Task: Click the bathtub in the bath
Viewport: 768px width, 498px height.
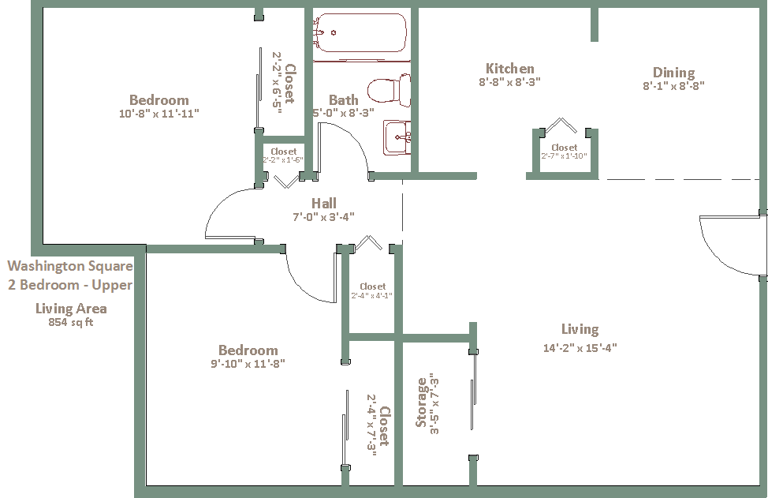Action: point(360,32)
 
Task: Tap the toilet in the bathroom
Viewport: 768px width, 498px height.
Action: point(389,90)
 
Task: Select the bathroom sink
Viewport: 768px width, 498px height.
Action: point(397,137)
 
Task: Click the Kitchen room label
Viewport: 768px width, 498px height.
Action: point(509,68)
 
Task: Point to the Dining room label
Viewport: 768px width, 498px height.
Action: point(673,73)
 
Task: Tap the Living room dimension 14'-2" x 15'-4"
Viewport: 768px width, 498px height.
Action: point(580,348)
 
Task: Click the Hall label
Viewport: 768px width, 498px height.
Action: point(324,203)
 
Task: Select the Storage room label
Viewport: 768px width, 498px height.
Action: point(421,402)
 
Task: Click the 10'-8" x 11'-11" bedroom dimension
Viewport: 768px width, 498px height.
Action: point(159,114)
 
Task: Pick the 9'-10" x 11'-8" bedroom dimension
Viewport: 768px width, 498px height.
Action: point(248,364)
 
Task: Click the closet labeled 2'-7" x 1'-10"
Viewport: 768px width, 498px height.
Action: point(564,152)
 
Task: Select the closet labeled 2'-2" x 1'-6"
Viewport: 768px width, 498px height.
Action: point(283,155)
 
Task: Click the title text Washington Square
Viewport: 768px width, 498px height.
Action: point(70,266)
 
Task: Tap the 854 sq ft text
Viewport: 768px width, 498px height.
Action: point(70,323)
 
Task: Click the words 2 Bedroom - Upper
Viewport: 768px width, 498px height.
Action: point(70,285)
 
